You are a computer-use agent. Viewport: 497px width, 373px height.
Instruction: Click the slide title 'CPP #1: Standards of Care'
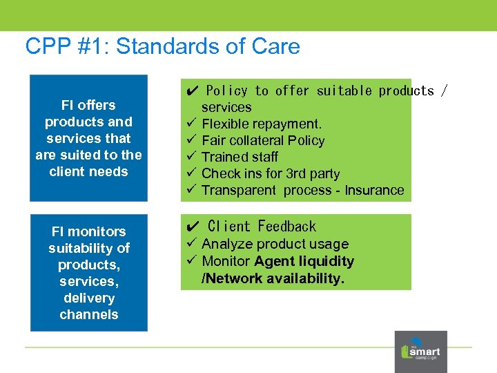coord(162,46)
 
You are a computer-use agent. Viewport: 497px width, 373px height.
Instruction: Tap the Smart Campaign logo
coord(420,352)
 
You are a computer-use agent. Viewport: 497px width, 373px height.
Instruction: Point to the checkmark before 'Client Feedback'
coord(193,227)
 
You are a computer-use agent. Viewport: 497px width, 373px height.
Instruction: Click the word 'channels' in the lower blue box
coord(89,314)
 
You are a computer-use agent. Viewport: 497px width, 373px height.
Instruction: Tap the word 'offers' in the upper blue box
coord(97,105)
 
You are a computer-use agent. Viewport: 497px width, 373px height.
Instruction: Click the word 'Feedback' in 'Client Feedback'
coord(286,227)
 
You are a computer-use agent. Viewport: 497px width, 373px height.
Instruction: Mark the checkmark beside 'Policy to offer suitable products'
coord(193,90)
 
